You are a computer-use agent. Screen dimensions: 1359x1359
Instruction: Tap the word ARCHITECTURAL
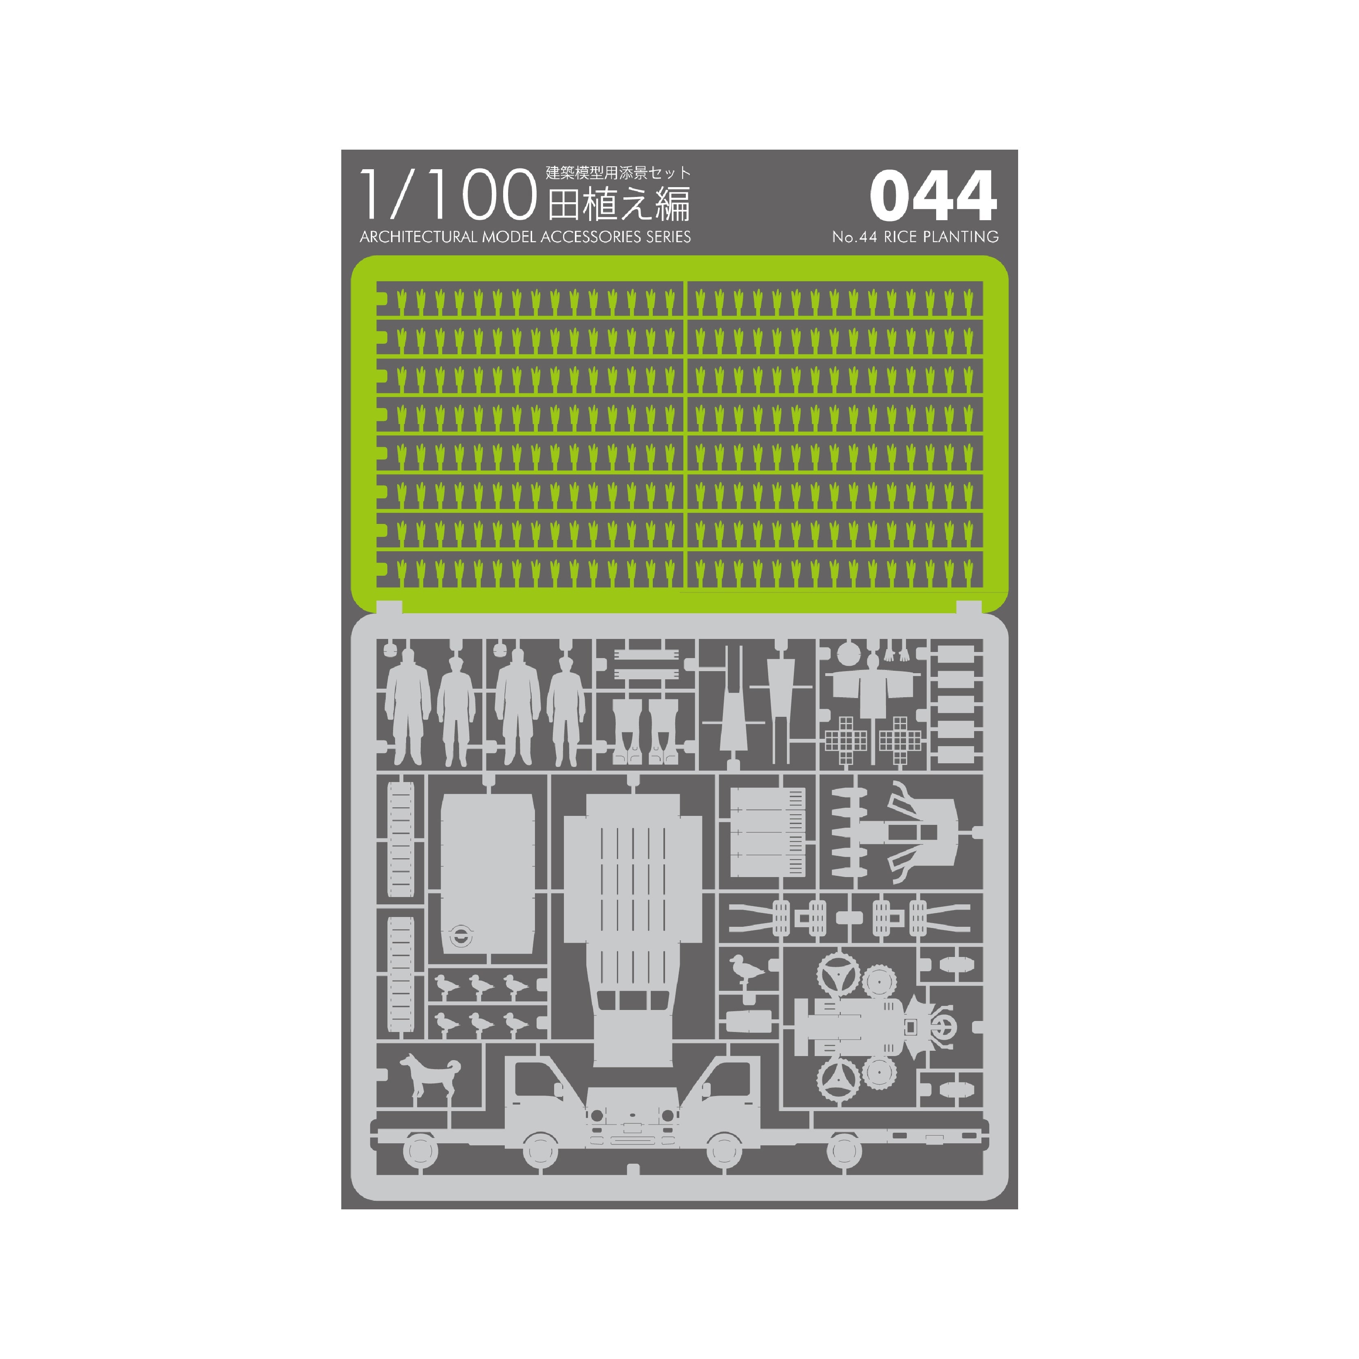tap(418, 237)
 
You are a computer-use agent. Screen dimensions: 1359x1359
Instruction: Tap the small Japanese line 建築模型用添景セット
tap(618, 173)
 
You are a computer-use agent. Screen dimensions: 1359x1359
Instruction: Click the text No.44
tap(854, 237)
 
